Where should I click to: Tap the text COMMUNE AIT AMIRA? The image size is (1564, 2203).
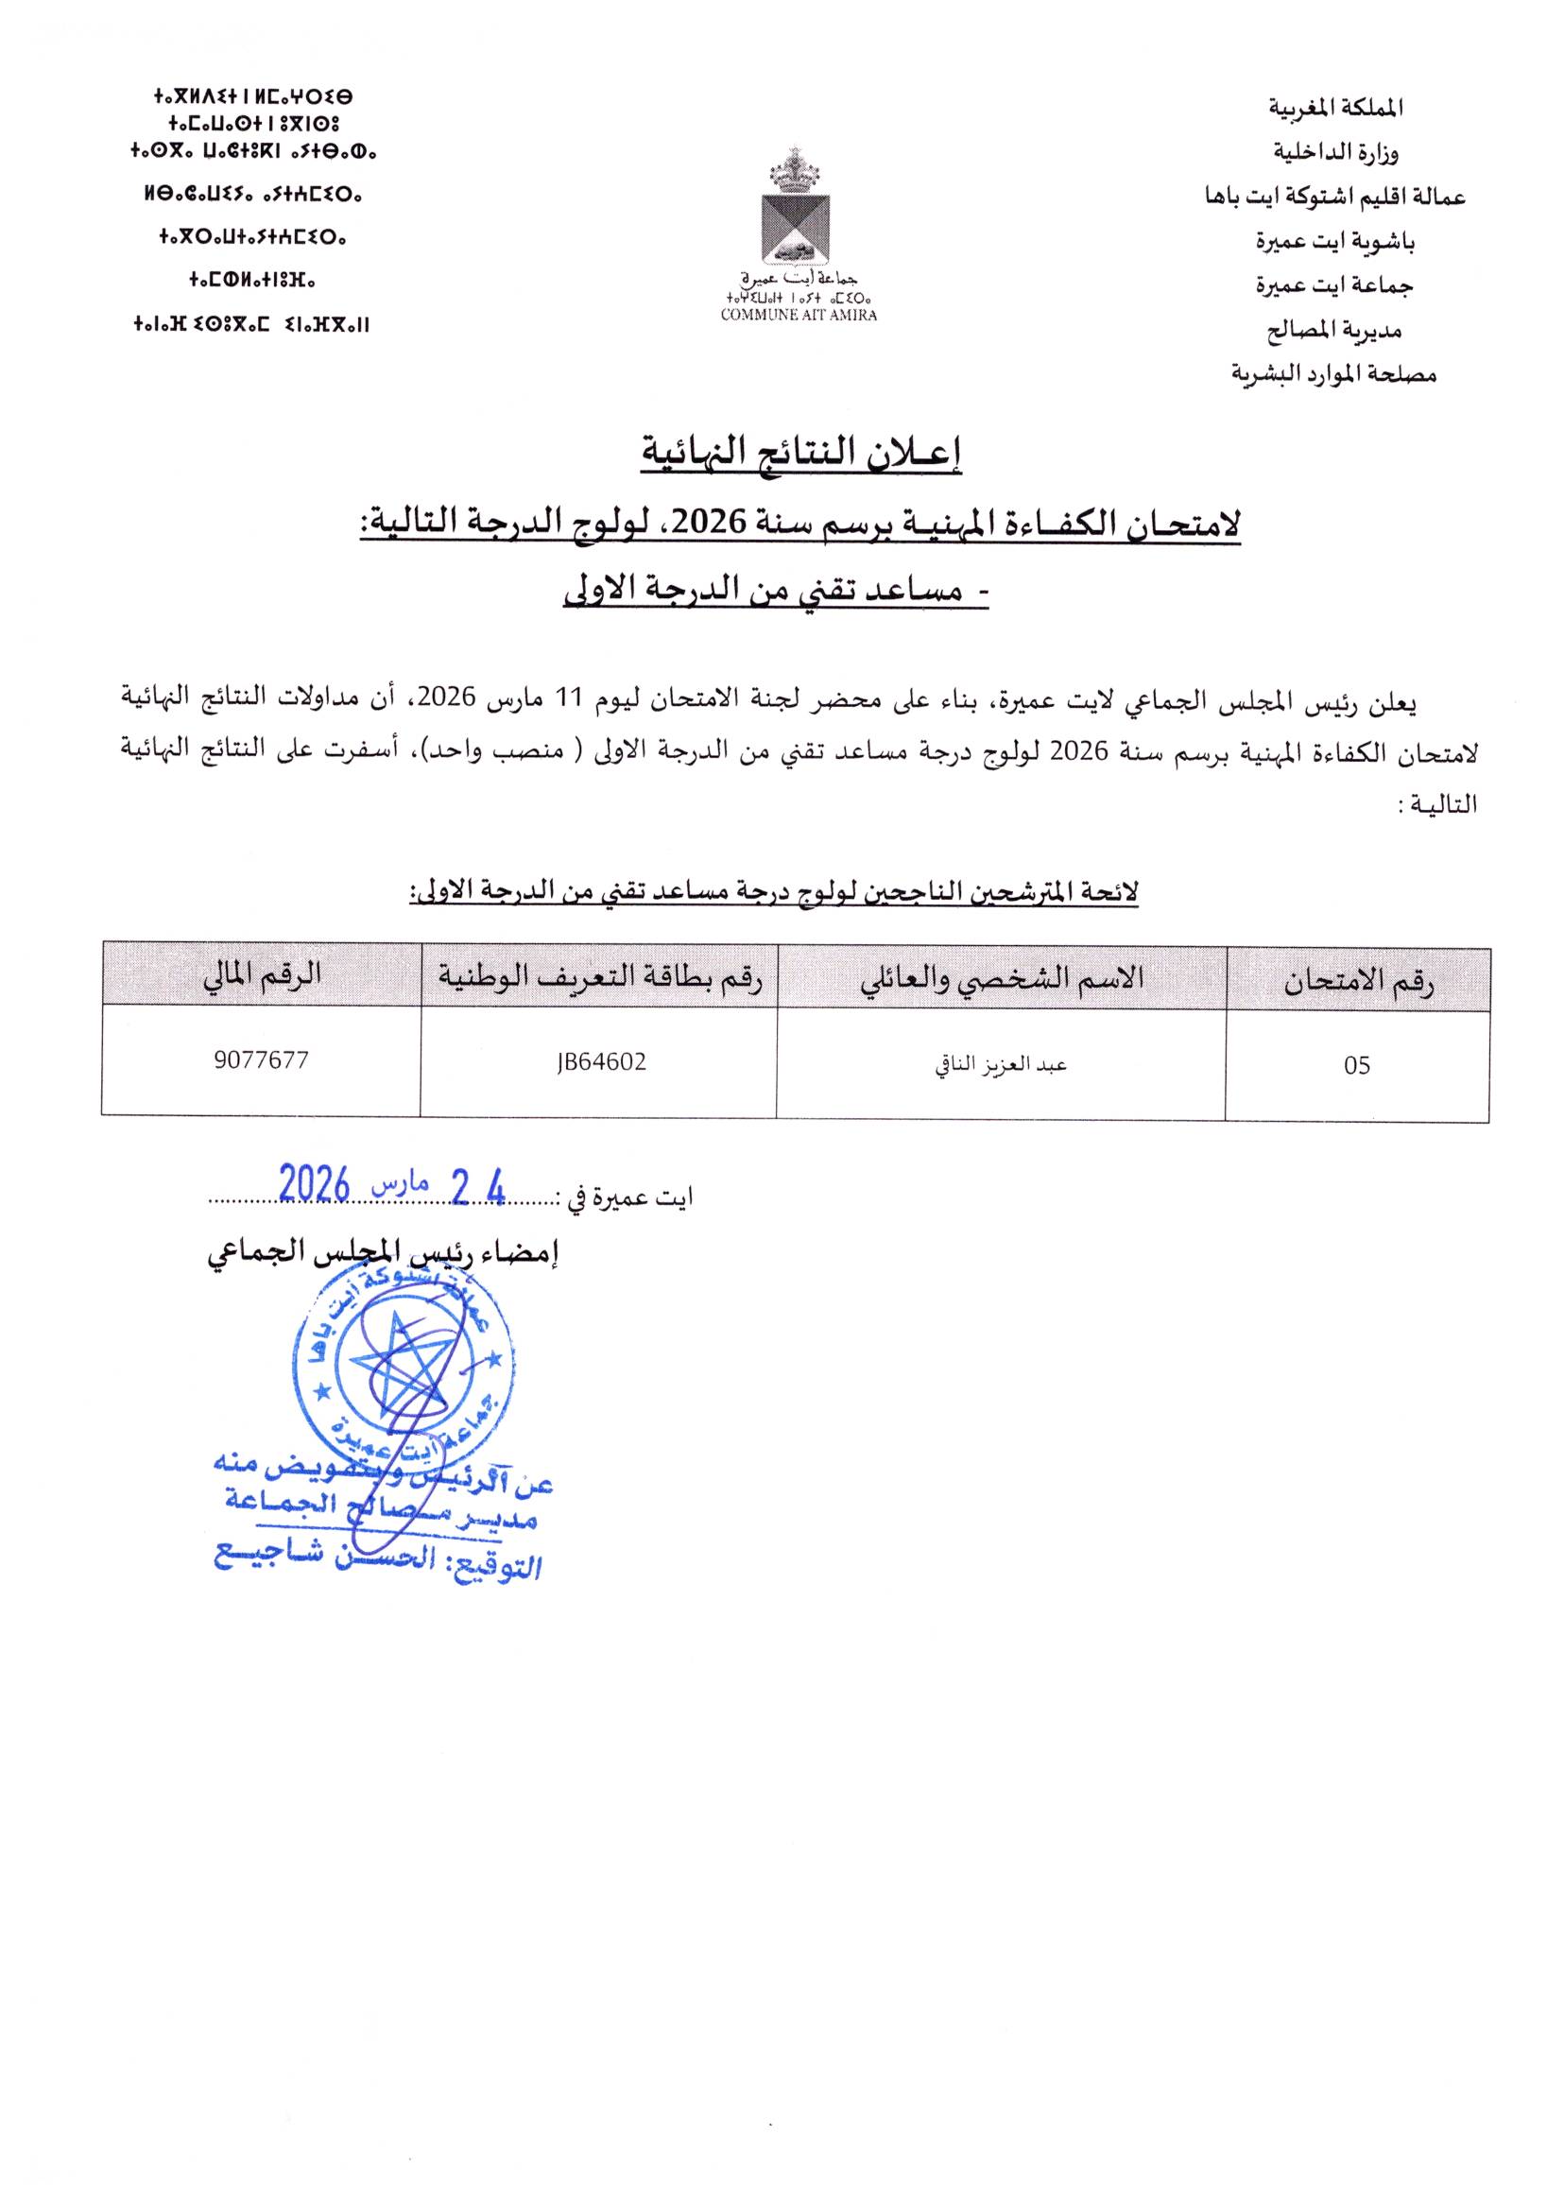coord(799,315)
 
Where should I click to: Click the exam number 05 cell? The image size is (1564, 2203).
coord(1356,1066)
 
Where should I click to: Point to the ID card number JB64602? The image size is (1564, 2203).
coord(600,1062)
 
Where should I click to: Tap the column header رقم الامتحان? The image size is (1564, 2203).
coord(1358,981)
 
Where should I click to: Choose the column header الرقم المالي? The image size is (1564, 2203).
coord(261,975)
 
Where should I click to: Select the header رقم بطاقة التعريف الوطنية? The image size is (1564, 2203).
coord(600,978)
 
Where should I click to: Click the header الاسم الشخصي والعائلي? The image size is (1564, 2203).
coord(1002,978)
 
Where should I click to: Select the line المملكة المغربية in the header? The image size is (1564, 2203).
coord(1335,108)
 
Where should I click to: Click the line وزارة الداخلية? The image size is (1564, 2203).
coord(1335,152)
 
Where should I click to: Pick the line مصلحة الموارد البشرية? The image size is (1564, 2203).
coord(1333,373)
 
